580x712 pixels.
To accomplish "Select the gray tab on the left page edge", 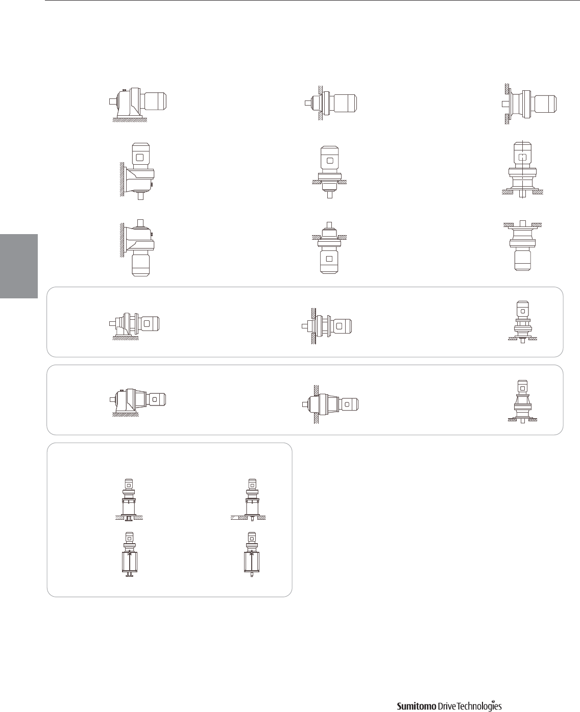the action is (19, 266).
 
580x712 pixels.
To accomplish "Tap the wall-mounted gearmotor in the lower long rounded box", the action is (331, 402).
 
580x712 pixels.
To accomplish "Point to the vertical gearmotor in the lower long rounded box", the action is (522, 401).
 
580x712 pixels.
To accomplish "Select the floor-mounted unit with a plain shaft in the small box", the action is (251, 500).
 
